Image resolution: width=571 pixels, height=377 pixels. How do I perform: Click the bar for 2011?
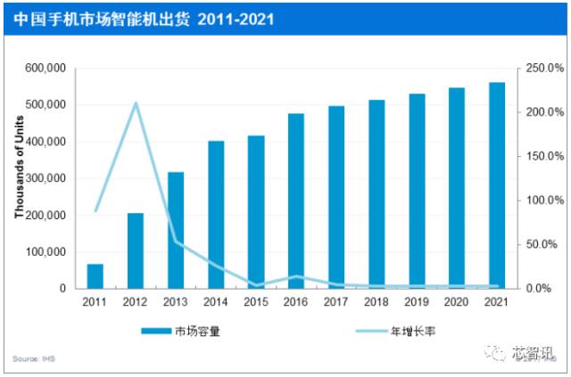(95, 276)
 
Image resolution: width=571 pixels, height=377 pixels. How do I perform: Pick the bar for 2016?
(296, 201)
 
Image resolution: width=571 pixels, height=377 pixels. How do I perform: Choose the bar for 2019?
(417, 191)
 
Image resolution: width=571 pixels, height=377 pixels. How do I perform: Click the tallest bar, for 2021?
(497, 185)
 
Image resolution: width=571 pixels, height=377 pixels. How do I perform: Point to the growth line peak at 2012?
(136, 103)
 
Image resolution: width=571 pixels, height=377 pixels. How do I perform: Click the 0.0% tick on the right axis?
(539, 289)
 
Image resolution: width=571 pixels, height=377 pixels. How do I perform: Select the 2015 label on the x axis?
(255, 302)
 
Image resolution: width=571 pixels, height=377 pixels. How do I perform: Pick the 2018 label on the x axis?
(376, 302)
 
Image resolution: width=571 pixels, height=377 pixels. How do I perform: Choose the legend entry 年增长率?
(411, 331)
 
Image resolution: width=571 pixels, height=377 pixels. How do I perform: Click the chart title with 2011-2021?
(145, 18)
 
